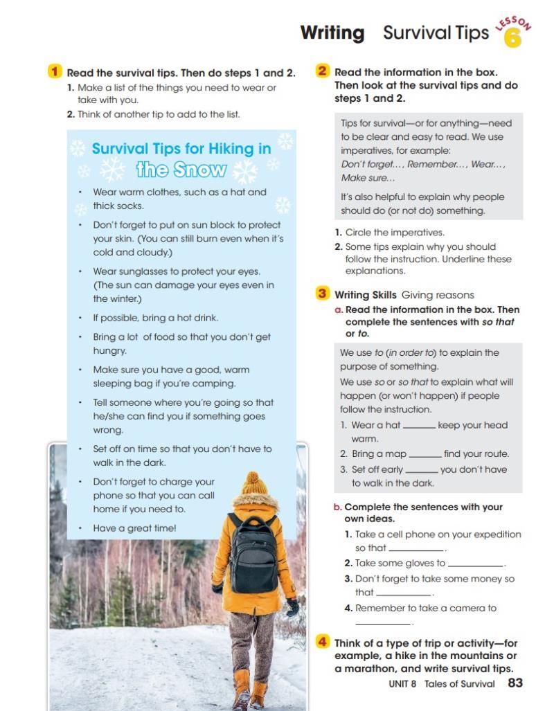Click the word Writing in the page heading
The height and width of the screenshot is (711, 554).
pos(332,33)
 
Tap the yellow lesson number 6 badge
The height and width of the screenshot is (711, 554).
pos(513,38)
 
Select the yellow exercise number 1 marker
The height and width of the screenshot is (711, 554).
pos(55,71)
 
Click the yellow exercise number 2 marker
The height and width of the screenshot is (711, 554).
pos(322,71)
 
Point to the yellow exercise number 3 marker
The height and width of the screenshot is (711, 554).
pos(322,294)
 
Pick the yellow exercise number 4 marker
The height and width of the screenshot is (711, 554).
pos(322,642)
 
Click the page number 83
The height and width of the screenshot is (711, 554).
pos(515,683)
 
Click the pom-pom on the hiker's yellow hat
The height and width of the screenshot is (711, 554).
pos(254,479)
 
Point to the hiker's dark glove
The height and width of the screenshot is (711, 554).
pos(292,607)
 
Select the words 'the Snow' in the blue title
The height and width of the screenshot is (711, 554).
pos(181,170)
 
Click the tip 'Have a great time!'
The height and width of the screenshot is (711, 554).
pos(135,528)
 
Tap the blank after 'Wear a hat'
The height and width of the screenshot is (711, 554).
pos(419,426)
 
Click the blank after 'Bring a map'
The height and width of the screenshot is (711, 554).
pos(425,455)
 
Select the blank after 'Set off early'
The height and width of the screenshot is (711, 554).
pos(421,470)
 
